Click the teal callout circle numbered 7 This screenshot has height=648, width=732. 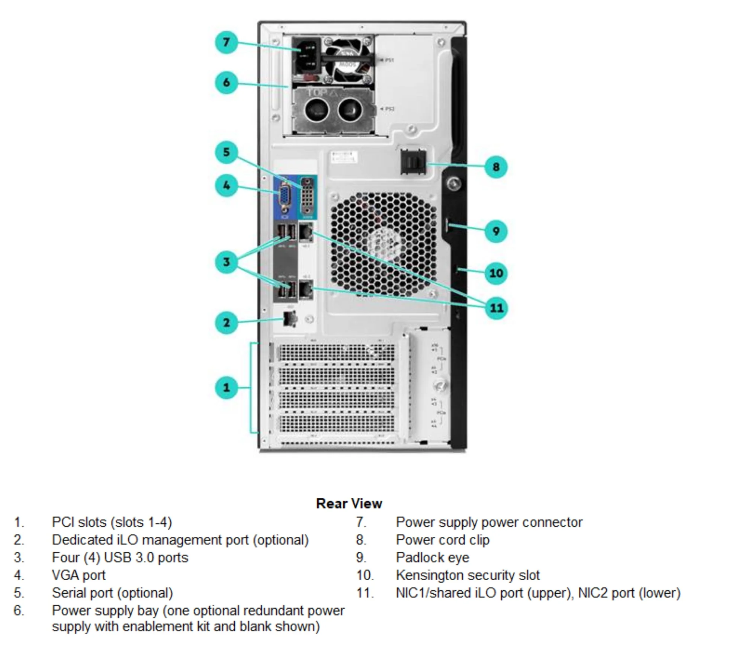226,42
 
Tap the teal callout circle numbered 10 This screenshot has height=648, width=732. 496,273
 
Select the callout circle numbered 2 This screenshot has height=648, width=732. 226,322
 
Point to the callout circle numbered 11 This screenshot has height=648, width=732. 496,308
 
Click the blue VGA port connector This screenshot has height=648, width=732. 285,197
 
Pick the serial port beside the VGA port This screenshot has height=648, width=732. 307,198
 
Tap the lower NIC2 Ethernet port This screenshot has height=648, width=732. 306,289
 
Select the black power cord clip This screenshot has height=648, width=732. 413,161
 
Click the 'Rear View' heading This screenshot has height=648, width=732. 349,503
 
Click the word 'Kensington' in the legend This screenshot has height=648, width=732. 431,575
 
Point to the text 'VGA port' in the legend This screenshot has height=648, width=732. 78,575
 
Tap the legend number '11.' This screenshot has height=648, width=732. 365,593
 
